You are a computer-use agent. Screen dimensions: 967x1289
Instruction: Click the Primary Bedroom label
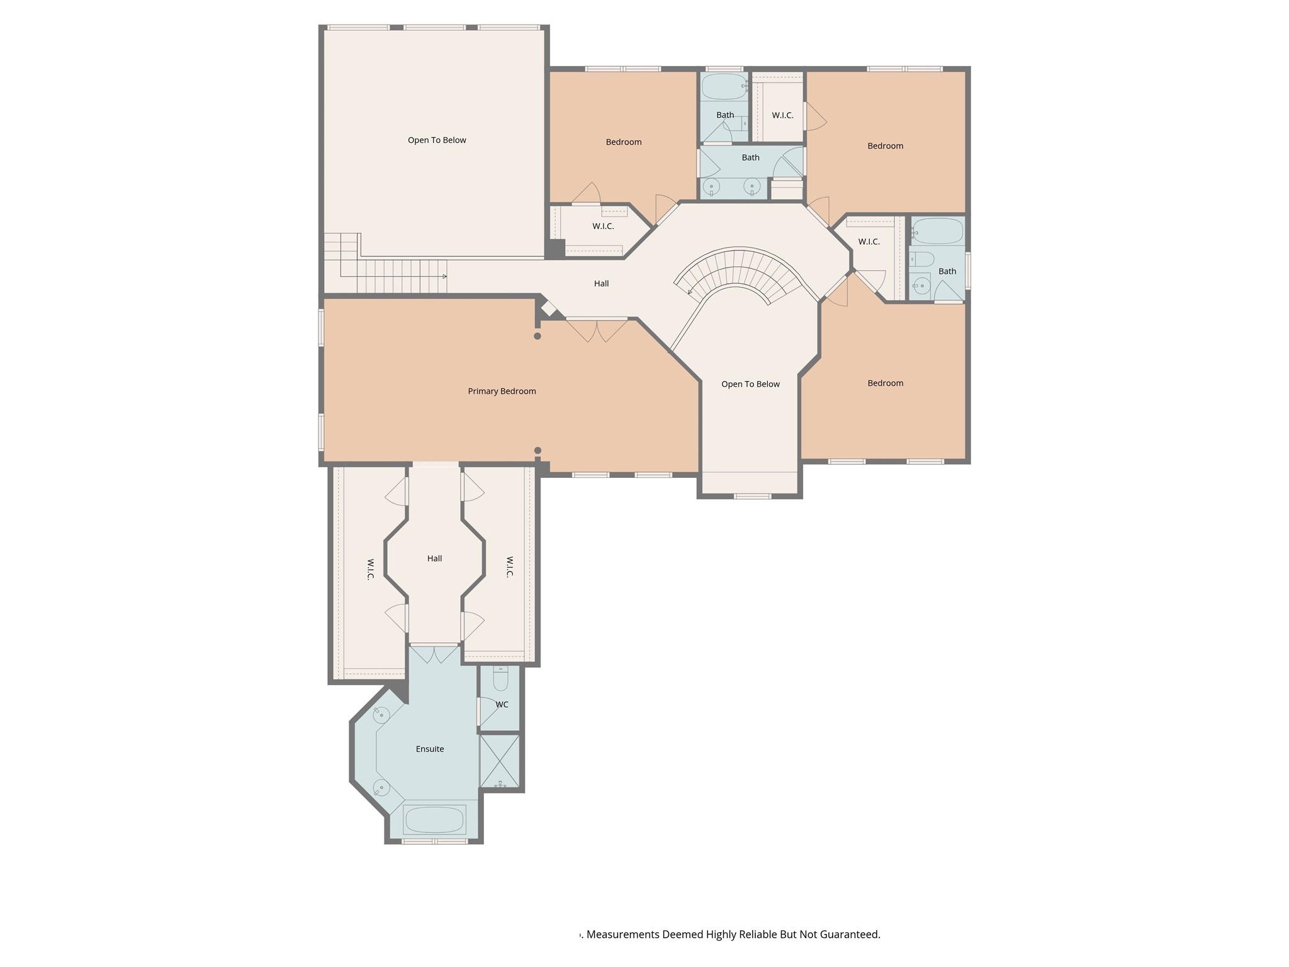click(502, 391)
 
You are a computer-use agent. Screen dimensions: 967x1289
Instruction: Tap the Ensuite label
click(430, 749)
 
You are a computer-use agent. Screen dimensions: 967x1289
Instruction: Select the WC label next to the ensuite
click(502, 704)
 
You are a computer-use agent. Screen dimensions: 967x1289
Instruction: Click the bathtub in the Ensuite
click(434, 819)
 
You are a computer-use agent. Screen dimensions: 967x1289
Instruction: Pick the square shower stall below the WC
click(500, 761)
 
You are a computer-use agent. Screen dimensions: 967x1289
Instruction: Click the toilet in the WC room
click(500, 679)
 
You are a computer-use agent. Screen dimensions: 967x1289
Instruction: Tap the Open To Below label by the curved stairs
click(750, 384)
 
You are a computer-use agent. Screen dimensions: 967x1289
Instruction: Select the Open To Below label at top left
click(437, 140)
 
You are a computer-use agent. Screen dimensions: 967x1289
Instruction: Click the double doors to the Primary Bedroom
click(597, 329)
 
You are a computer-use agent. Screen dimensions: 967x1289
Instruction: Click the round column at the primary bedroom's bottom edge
click(538, 450)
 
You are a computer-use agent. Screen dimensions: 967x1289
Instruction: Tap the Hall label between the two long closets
click(434, 558)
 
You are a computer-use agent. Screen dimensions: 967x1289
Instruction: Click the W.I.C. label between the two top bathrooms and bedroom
click(782, 115)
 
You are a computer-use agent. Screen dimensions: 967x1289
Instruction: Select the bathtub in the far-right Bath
click(938, 231)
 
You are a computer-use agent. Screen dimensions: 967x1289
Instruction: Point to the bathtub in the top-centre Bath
click(724, 87)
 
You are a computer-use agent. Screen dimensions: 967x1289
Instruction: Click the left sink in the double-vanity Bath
click(712, 186)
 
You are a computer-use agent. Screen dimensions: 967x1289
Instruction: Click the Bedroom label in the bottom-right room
click(885, 383)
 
